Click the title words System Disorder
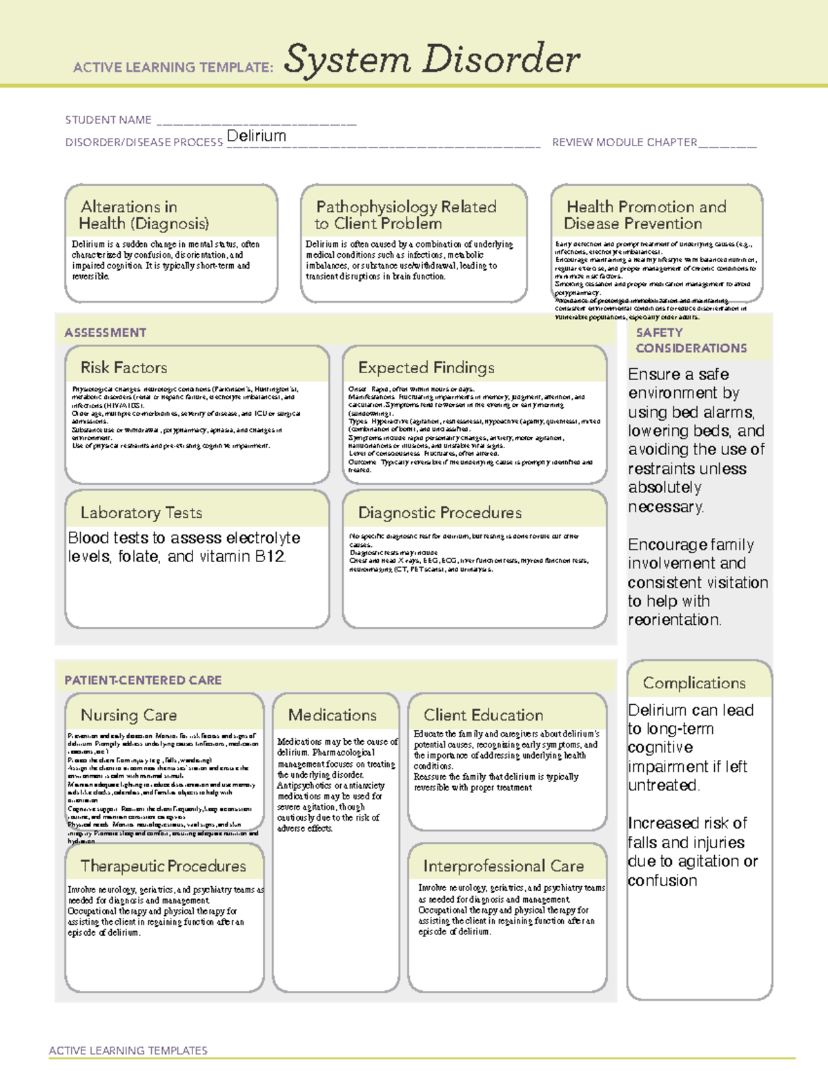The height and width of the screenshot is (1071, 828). (x=432, y=59)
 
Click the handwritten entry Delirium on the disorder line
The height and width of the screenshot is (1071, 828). (x=256, y=136)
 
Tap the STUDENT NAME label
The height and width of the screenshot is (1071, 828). (x=108, y=120)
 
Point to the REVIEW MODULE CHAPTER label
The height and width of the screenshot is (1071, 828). (x=624, y=142)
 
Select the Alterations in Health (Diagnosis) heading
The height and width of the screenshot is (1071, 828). (x=144, y=215)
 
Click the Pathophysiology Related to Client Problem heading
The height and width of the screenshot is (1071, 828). (x=406, y=215)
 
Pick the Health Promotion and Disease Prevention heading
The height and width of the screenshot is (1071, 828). (x=646, y=215)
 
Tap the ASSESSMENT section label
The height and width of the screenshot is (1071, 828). (x=106, y=332)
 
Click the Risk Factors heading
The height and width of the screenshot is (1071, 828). (x=124, y=368)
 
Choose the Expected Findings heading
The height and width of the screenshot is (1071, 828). (x=426, y=368)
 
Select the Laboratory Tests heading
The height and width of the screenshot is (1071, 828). (x=141, y=512)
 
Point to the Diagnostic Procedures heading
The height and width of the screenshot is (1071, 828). (x=440, y=512)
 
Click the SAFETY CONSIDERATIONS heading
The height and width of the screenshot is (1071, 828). (x=691, y=340)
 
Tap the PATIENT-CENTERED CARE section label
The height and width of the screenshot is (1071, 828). (x=143, y=680)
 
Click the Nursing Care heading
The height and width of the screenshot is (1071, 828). (x=129, y=715)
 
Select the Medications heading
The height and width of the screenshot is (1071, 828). (x=333, y=715)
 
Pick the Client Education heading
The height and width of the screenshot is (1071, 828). (x=483, y=715)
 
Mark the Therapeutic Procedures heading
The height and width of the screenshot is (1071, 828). (x=163, y=865)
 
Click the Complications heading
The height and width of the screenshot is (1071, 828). (x=694, y=683)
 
